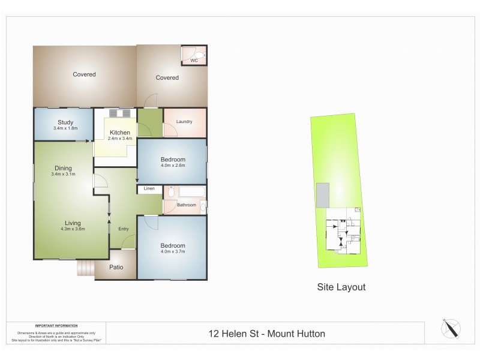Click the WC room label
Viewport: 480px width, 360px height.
point(194,61)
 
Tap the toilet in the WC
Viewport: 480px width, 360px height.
point(202,56)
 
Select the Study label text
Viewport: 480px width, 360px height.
point(65,122)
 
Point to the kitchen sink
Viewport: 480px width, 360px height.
point(119,113)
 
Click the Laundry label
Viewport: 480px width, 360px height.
point(184,122)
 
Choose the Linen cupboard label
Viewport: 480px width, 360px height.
point(149,189)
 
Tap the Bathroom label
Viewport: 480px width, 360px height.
point(186,205)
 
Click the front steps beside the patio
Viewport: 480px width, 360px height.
point(85,268)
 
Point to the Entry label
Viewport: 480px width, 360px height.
point(124,229)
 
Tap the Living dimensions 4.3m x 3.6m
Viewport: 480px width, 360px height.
point(73,229)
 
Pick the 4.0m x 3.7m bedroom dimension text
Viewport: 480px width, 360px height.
point(173,253)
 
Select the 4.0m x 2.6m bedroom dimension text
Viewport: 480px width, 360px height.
point(173,166)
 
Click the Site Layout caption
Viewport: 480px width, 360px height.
point(341,287)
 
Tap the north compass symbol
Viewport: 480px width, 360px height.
point(451,329)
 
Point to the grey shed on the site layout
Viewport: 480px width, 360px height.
point(323,194)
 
